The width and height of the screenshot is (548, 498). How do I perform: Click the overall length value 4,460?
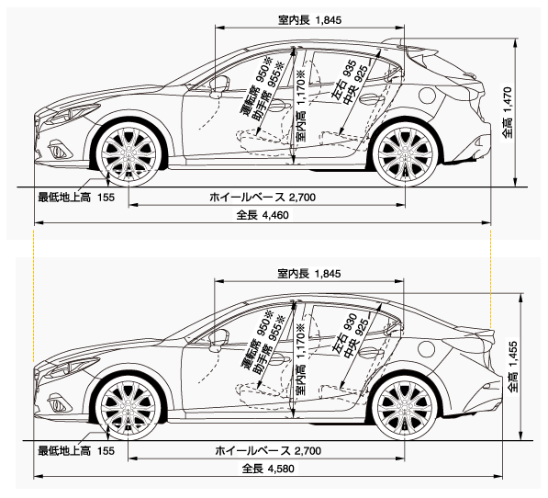[x=275, y=215]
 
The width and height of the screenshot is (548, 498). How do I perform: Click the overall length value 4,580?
[x=280, y=469]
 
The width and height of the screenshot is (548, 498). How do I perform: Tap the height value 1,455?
[x=513, y=355]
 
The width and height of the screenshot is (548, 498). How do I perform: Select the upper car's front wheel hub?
[x=129, y=153]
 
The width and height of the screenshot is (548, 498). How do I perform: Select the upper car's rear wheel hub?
[x=405, y=153]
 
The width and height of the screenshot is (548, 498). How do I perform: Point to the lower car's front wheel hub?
[x=129, y=408]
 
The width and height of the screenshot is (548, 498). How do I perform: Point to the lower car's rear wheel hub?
[x=405, y=408]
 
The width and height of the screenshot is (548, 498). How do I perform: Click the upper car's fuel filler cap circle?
[x=427, y=95]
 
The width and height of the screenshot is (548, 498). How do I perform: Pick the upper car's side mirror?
[x=219, y=86]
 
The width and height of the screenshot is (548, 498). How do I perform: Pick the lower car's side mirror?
[x=219, y=340]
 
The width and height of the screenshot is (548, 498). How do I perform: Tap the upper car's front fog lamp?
[x=59, y=149]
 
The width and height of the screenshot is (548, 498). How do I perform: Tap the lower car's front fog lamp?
[x=59, y=402]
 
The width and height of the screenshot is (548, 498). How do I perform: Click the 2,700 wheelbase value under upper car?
[x=302, y=198]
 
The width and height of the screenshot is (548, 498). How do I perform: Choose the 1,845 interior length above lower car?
[x=328, y=274]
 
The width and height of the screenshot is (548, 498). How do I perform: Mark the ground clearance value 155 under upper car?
[x=106, y=198]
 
